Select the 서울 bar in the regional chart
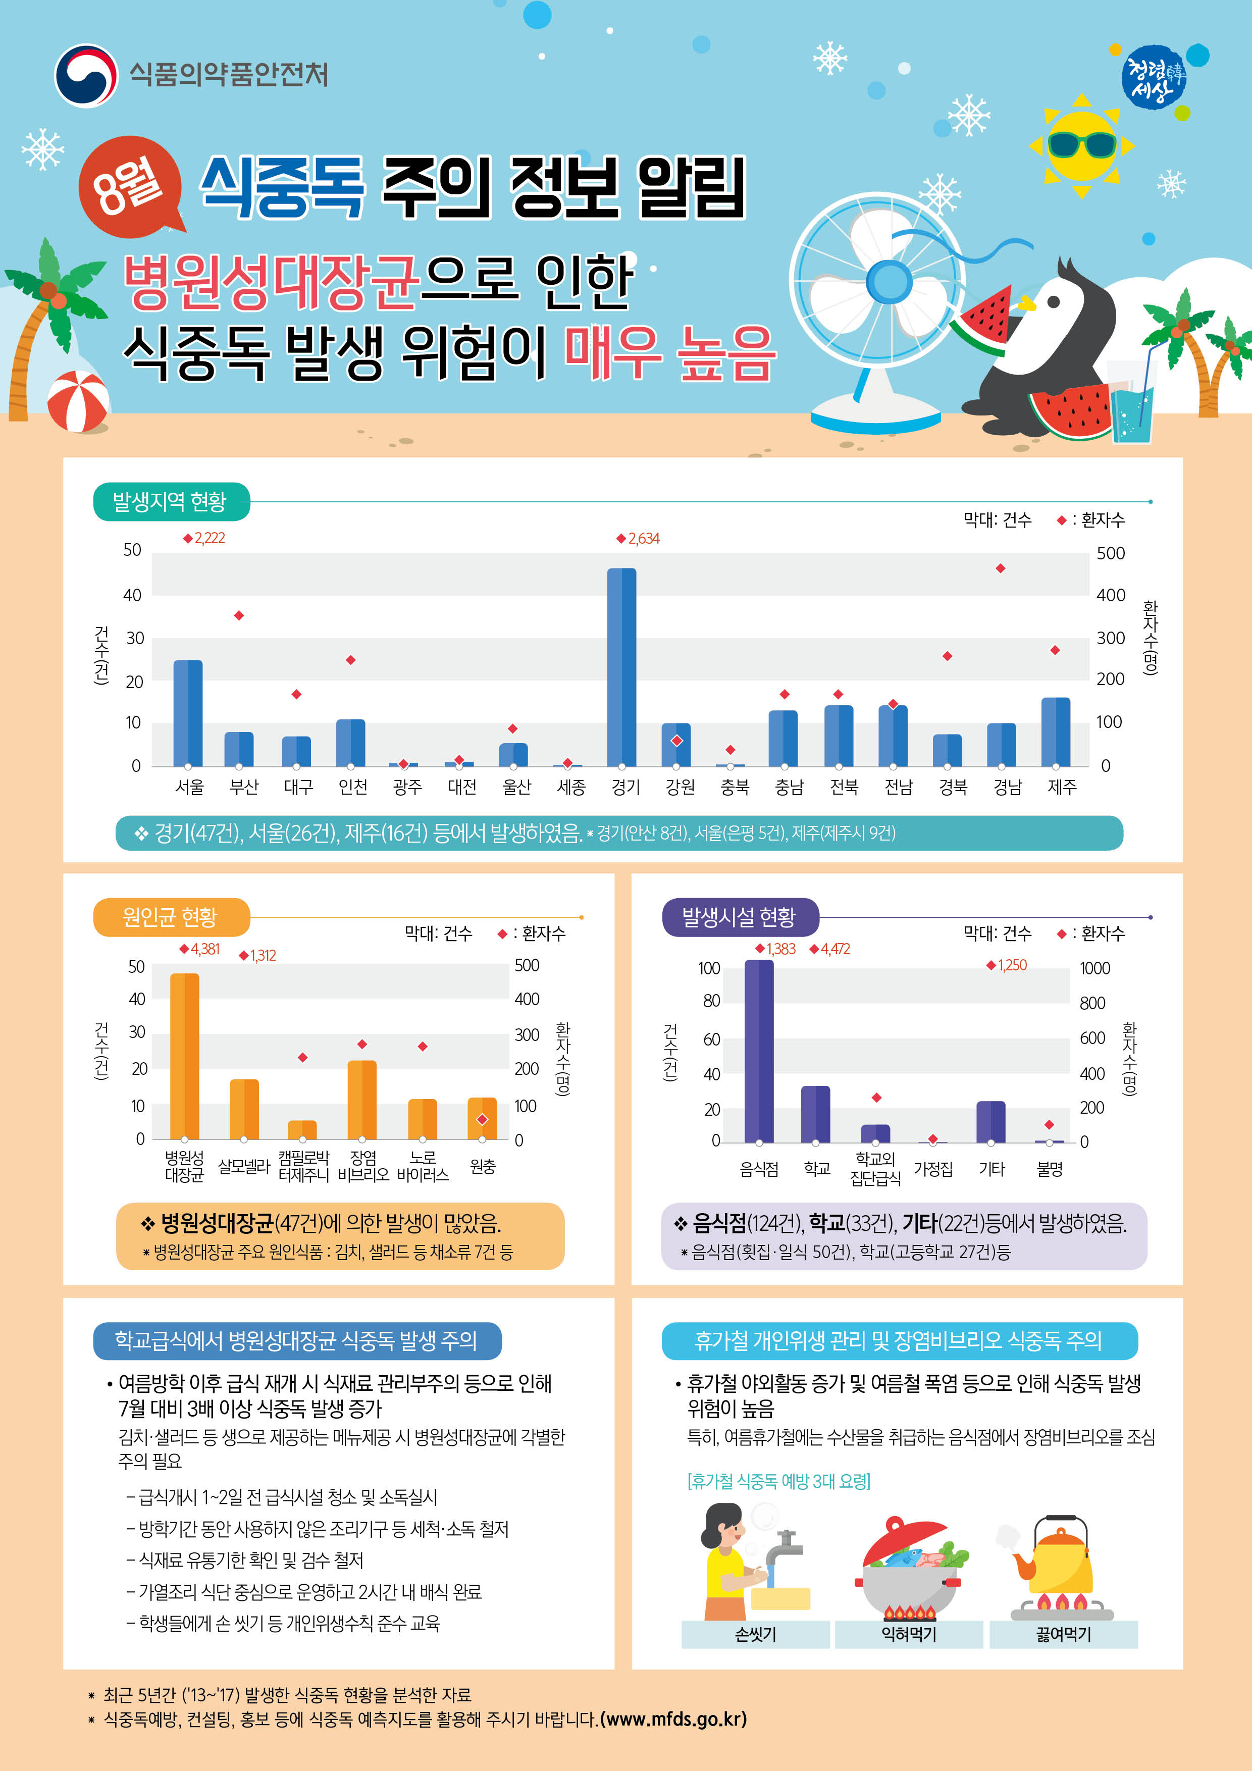(187, 713)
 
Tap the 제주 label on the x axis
(1062, 787)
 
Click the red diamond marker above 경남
(1001, 568)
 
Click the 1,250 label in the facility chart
(1011, 965)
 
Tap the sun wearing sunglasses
(1081, 144)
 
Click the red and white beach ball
(78, 401)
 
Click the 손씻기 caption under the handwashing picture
(755, 1633)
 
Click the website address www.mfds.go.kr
(672, 1718)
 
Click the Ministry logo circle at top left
(86, 75)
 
